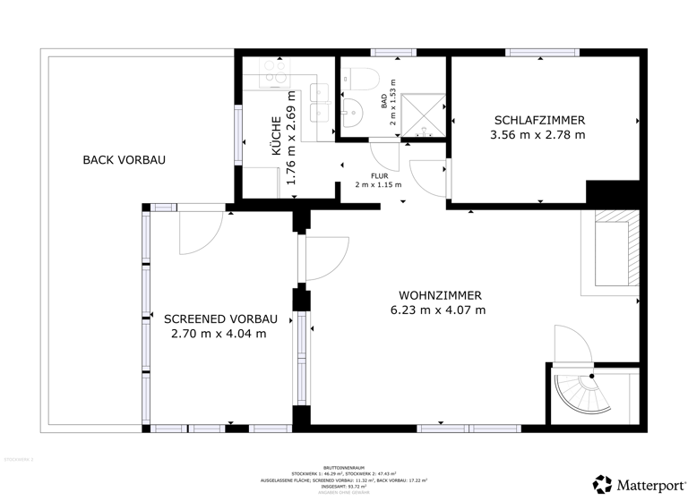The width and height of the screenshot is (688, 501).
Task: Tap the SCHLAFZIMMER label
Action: coord(538,120)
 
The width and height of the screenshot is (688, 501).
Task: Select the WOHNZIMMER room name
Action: coord(440,294)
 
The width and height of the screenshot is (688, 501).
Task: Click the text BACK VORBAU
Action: coord(124,160)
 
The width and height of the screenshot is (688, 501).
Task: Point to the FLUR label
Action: coord(378,175)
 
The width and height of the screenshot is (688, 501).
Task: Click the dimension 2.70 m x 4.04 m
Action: coord(219,334)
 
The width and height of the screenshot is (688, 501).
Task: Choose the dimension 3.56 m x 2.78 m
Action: coord(537,135)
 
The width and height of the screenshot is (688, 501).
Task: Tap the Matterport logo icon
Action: coord(603,484)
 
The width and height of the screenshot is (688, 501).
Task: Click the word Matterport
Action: coord(648,485)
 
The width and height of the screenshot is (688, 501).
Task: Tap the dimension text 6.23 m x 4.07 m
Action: coord(438,310)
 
